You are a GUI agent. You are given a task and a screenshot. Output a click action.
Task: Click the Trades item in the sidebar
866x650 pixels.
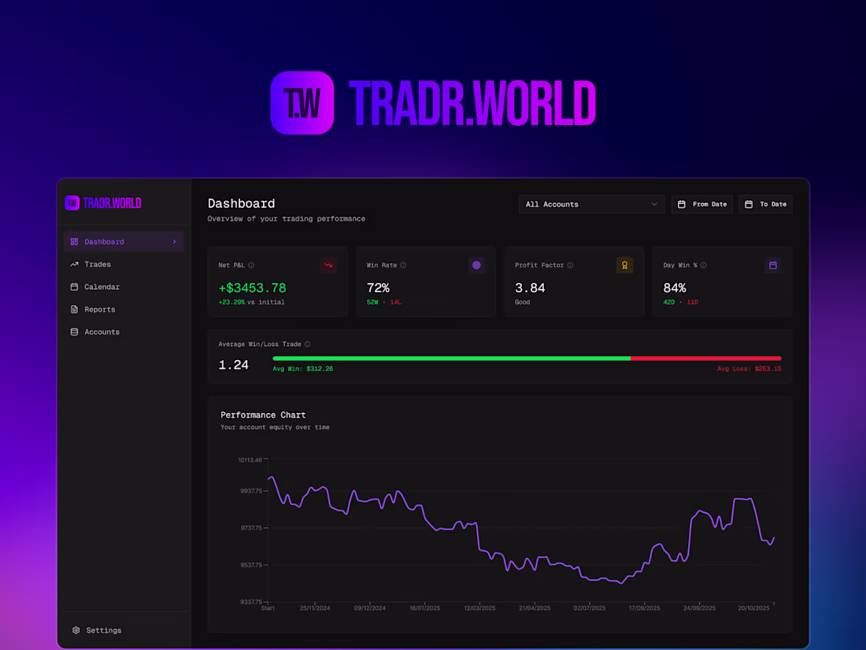(97, 265)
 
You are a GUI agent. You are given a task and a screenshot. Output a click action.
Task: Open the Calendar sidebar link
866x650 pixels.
(102, 287)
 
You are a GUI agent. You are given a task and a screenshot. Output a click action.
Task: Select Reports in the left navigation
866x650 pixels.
(99, 310)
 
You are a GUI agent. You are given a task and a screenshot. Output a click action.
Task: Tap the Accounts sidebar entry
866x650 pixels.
(102, 332)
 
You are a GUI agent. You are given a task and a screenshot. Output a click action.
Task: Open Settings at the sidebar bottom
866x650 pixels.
(103, 630)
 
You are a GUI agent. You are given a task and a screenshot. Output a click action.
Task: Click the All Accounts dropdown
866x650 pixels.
(591, 204)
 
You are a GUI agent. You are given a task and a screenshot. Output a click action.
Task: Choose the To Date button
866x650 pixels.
(765, 204)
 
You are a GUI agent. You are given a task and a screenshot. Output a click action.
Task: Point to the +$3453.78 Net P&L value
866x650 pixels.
(252, 288)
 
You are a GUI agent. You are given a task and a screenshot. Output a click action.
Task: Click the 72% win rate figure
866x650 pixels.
(378, 288)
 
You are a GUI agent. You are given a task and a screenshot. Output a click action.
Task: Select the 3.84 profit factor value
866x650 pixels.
(530, 288)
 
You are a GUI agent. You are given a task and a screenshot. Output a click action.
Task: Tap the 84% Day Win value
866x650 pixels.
(675, 288)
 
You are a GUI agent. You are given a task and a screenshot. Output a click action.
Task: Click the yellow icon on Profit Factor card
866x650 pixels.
(624, 266)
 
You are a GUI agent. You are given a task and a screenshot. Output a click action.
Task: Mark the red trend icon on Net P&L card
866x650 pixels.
(328, 266)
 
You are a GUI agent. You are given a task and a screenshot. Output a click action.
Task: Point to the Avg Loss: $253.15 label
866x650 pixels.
(749, 369)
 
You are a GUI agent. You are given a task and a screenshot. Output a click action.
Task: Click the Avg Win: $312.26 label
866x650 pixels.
(303, 369)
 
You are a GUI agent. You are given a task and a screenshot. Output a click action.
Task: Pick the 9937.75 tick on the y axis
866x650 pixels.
(251, 491)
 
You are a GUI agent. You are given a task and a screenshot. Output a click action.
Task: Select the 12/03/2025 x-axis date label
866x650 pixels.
(479, 608)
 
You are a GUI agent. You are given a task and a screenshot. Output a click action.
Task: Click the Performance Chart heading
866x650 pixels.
(263, 415)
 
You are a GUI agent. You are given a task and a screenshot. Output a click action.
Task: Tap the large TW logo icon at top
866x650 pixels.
(302, 102)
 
